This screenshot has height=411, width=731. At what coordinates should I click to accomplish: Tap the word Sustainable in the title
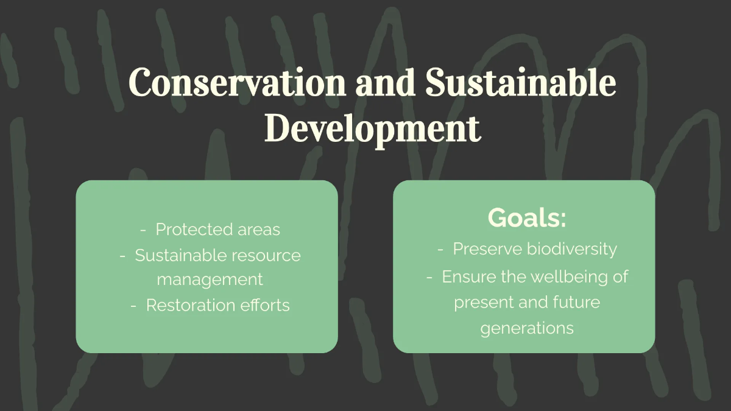coord(520,83)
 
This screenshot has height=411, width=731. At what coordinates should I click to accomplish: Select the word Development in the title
coord(372,130)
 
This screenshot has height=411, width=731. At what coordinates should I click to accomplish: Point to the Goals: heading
coord(527,218)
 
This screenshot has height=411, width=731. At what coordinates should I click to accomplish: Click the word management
coord(210,280)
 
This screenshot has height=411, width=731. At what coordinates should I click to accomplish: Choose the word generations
coord(527,328)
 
